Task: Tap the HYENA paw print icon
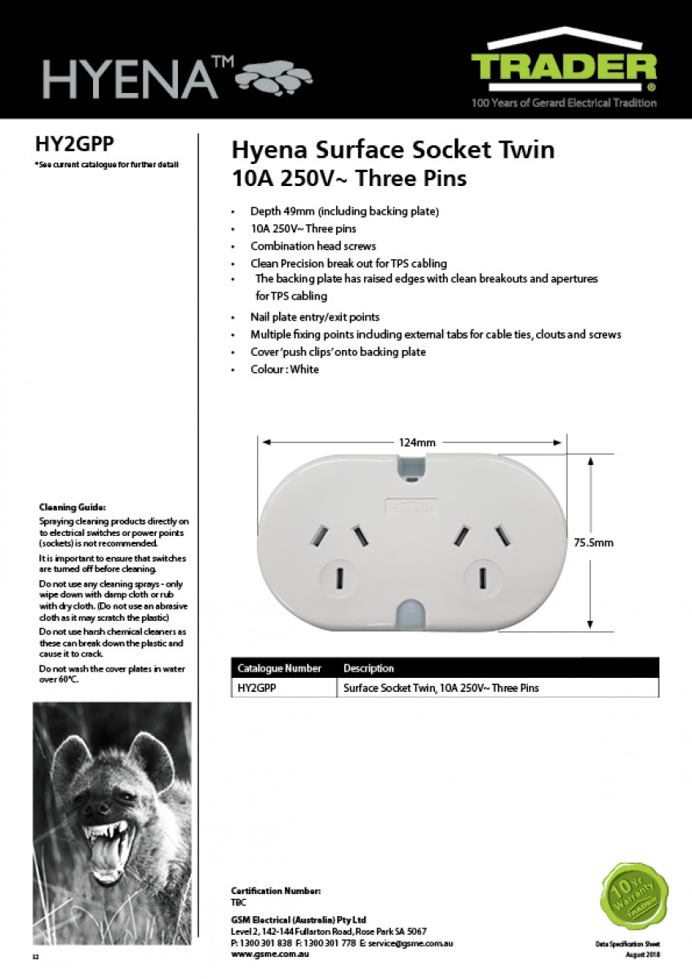coord(273,78)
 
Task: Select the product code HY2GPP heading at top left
coord(74,144)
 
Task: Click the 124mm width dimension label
coord(416,442)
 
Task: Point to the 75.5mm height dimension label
coord(593,542)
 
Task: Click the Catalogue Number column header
coord(279,668)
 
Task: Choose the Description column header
coord(368,668)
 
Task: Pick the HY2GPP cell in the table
coord(256,688)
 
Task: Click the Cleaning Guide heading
coord(72,507)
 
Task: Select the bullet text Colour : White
coord(285,370)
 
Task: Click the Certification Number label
coord(276,891)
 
